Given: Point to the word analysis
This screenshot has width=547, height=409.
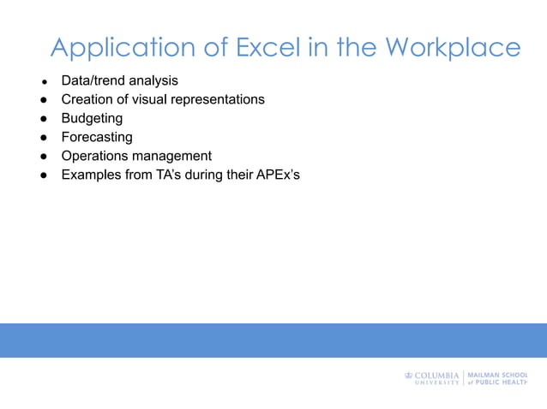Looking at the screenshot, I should tap(153, 80).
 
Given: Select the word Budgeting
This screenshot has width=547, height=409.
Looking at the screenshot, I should tap(92, 118).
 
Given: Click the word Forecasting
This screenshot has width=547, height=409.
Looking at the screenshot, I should tap(97, 137).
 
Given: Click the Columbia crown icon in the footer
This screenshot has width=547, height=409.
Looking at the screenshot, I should tap(408, 375).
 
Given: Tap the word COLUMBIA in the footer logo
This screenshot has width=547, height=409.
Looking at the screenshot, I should tap(437, 375).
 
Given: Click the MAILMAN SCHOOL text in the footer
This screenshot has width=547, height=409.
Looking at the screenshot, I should tap(498, 375).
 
